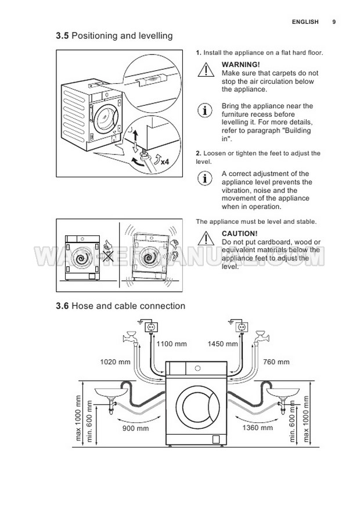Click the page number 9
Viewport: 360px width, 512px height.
tap(334, 22)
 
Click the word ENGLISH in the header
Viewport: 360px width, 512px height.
tap(305, 22)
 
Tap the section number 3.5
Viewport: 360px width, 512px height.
tap(62, 35)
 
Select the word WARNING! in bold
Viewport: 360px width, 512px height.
tap(241, 65)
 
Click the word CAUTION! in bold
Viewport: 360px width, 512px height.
tap(240, 234)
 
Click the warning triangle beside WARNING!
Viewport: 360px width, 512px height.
tap(206, 70)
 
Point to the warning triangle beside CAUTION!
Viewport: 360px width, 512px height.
tap(206, 238)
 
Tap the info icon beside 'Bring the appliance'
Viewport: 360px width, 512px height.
tap(205, 110)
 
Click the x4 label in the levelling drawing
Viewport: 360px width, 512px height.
tap(165, 162)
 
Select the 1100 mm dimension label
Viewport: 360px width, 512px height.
tap(172, 344)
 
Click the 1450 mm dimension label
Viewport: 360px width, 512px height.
tap(222, 344)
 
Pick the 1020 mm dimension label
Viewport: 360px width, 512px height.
tap(115, 362)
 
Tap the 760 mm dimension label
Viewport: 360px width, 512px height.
tap(276, 362)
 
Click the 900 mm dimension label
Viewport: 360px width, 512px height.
tap(135, 428)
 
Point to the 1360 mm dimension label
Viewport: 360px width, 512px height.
tap(257, 427)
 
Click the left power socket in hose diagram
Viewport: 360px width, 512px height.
tap(152, 327)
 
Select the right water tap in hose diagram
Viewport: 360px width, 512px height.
tap(261, 336)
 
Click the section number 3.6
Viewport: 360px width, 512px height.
tap(62, 306)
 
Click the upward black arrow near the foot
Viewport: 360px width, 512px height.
tap(136, 135)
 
